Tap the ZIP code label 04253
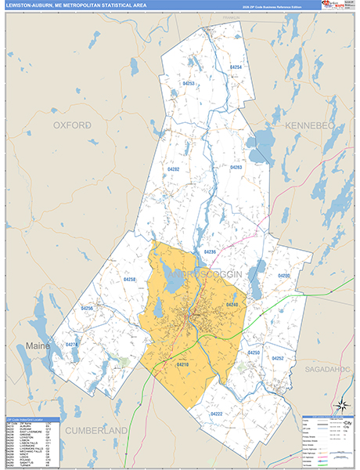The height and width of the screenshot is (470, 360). coord(189,82)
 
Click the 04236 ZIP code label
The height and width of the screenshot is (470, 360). coord(209,251)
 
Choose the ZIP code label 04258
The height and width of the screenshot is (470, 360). coord(130,280)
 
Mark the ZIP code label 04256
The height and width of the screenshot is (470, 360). coord(88,309)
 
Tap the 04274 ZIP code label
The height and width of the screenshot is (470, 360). coord(72,345)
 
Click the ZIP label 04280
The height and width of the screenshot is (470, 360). coord(283,276)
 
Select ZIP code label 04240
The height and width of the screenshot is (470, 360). coord(232,304)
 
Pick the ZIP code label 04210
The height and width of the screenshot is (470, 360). coord(182,364)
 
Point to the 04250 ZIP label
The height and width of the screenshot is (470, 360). coord(254,353)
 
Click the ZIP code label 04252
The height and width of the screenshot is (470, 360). coord(277,358)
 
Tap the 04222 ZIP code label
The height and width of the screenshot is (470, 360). coord(217,414)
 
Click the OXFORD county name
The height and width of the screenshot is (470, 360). coord(72,125)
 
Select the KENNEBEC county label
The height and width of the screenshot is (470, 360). coord(287,125)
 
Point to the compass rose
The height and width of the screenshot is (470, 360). coord(341,405)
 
